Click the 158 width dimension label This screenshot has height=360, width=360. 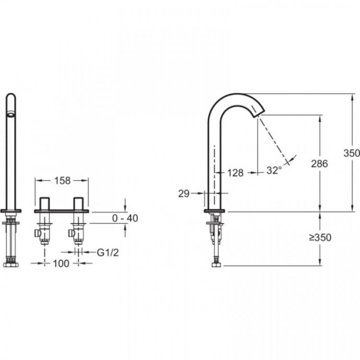62,180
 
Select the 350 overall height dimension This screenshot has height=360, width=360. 351,153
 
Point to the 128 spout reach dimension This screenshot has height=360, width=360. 235,173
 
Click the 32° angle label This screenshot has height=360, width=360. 274,170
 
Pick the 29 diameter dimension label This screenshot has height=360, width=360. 183,193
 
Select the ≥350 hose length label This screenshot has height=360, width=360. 320,237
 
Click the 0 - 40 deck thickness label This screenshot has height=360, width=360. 125,218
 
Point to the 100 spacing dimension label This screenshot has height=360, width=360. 61,263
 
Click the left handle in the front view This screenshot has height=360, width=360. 46,203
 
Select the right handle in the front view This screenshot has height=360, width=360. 79,203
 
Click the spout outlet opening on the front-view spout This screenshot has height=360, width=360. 11,114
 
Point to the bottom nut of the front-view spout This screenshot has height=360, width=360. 10,264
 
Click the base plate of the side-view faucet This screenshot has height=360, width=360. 215,211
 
